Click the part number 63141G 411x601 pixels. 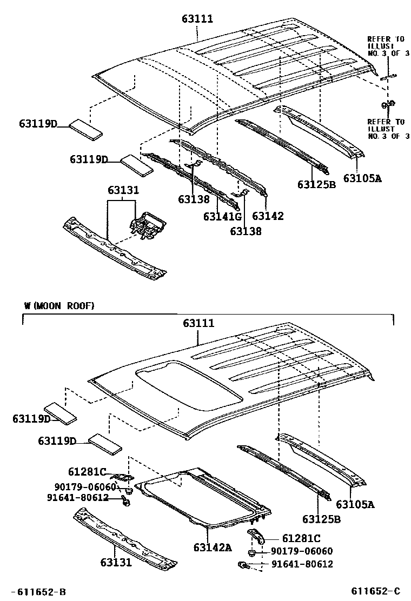click(222, 216)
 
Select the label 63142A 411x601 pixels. click(213, 547)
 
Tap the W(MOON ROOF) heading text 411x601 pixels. click(59, 306)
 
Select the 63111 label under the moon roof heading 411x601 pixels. click(198, 323)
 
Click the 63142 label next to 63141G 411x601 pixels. click(268, 216)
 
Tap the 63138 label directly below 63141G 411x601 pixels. click(246, 231)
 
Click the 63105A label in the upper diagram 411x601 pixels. click(362, 177)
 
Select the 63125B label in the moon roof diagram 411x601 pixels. click(321, 519)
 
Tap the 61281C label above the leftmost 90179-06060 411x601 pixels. click(88, 472)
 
